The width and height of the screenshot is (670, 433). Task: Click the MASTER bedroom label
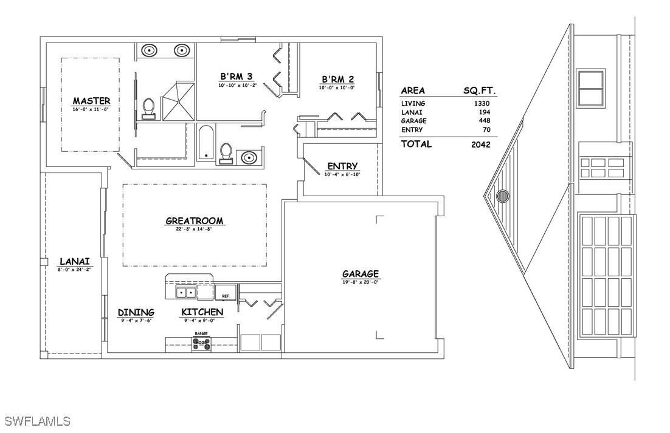(91, 101)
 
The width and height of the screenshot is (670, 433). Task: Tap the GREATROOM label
(195, 221)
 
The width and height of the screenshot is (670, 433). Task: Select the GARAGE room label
(361, 274)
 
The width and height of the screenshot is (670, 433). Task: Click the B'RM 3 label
(237, 77)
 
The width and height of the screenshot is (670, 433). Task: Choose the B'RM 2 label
(337, 80)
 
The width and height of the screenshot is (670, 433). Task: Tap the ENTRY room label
(342, 166)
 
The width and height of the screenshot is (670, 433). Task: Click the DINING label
(136, 312)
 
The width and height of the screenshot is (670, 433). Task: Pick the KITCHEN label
(202, 312)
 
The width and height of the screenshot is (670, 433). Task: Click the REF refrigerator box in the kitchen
(226, 293)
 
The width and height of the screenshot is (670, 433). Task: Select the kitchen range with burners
(202, 344)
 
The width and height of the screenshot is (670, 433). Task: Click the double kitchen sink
(185, 293)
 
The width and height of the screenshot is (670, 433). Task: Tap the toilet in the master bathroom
(148, 108)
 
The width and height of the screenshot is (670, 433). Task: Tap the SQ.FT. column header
(480, 90)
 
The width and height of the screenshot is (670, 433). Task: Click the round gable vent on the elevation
(502, 196)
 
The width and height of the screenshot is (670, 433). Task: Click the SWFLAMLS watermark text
(37, 421)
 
